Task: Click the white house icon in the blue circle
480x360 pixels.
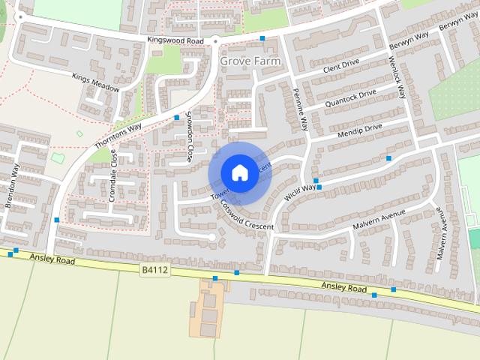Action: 239,172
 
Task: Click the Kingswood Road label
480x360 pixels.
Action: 175,39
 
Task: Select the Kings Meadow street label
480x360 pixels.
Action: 96,82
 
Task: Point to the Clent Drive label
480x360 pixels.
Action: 341,67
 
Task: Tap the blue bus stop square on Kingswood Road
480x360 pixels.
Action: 262,37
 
